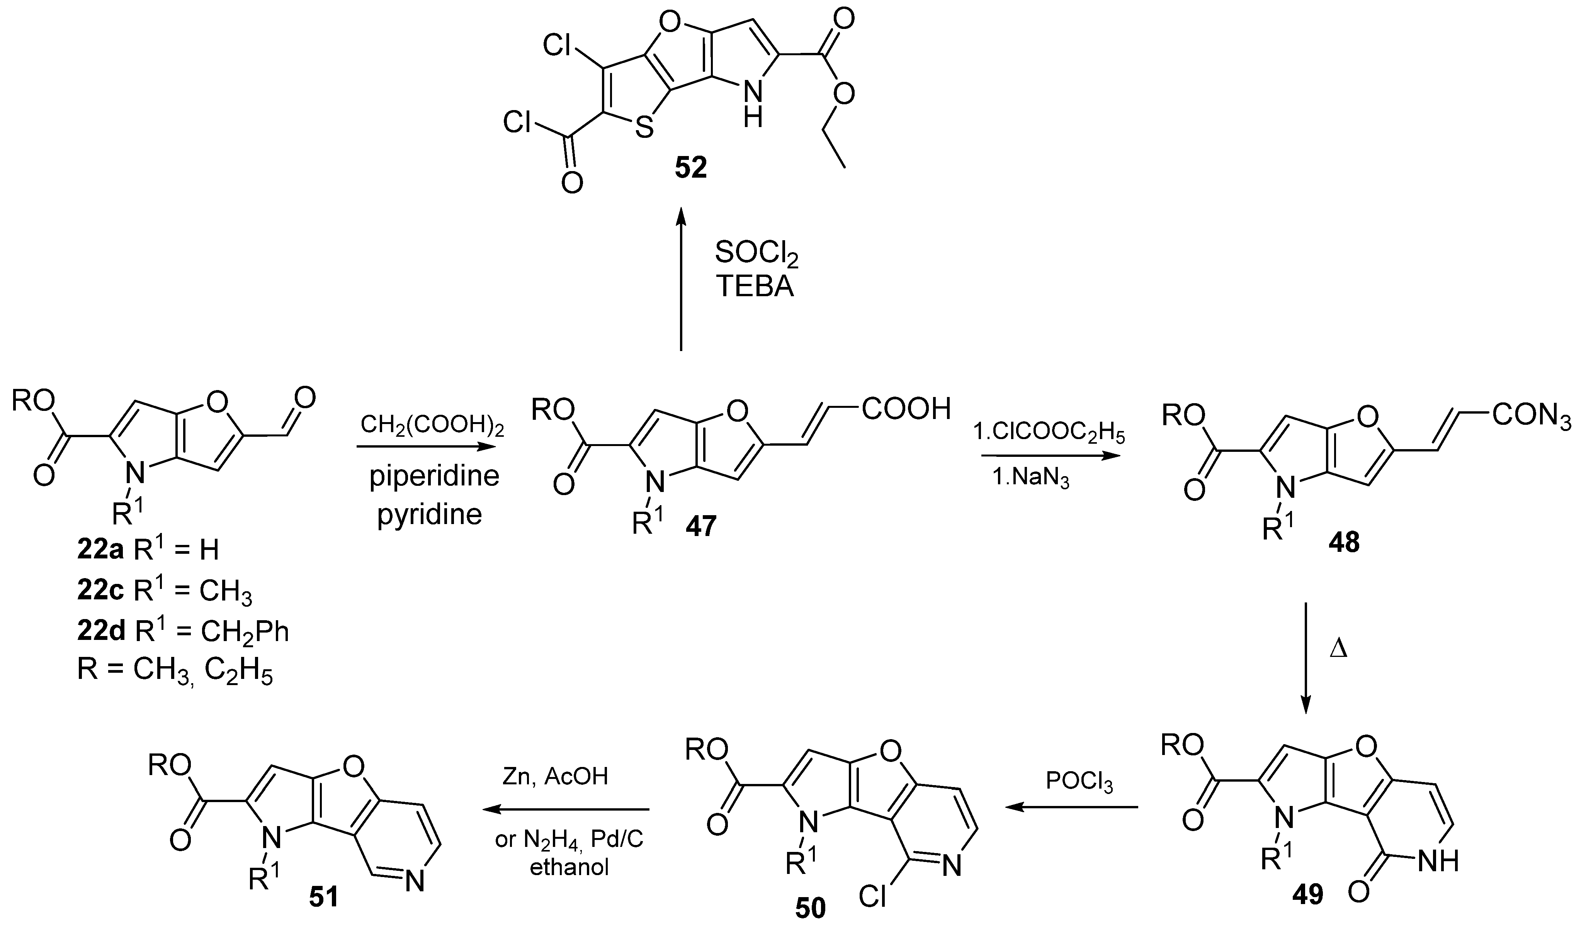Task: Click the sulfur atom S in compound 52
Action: click(x=644, y=128)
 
